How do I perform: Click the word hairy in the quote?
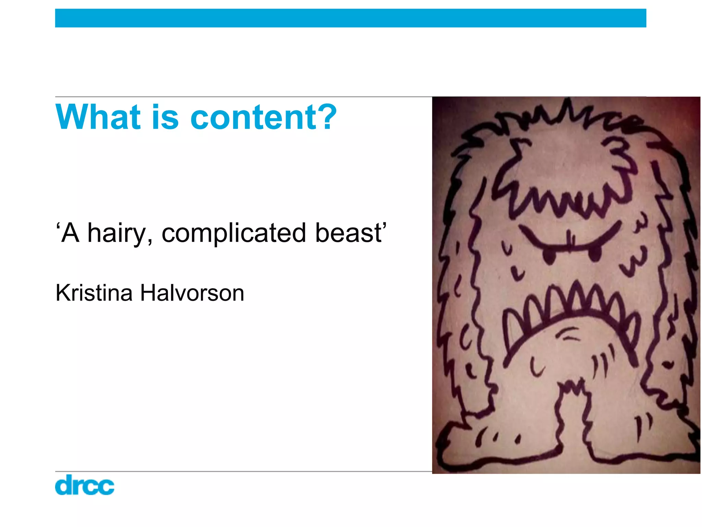[117, 233]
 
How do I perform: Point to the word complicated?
[233, 233]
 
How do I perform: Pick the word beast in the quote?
[348, 233]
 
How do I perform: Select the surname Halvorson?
[192, 293]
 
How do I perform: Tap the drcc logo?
[84, 485]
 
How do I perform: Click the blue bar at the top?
[350, 18]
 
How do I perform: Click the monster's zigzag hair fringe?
[562, 199]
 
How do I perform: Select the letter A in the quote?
[70, 233]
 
